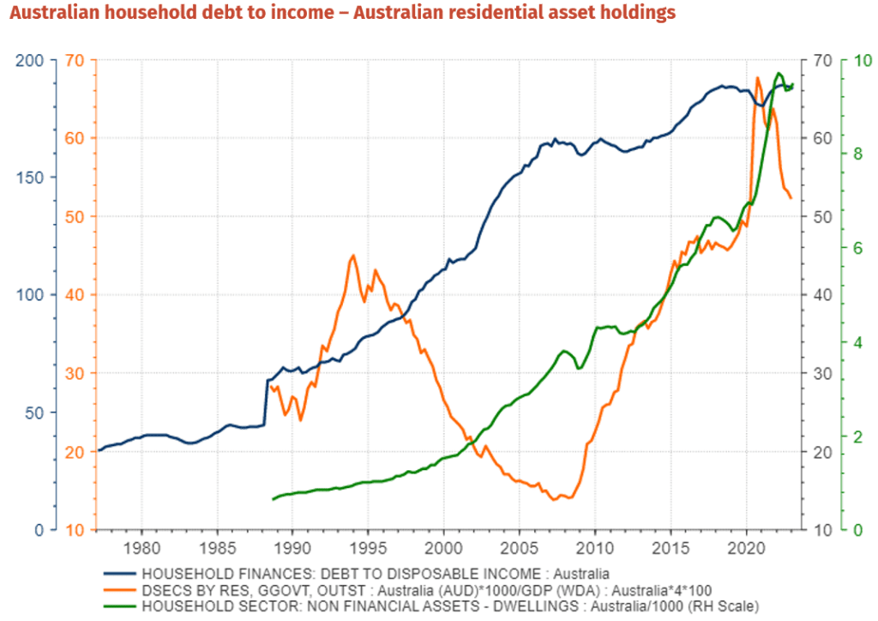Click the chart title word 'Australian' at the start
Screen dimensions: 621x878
[54, 13]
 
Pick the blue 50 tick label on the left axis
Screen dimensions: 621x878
[35, 413]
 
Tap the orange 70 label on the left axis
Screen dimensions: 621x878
[73, 60]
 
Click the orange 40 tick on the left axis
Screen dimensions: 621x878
[73, 295]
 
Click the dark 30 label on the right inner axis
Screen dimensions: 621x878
[821, 373]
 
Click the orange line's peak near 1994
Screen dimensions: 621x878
[352, 256]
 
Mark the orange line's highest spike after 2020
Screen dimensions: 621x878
[757, 78]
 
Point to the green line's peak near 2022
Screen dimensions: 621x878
[779, 74]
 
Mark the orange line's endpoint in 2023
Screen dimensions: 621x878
[791, 198]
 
